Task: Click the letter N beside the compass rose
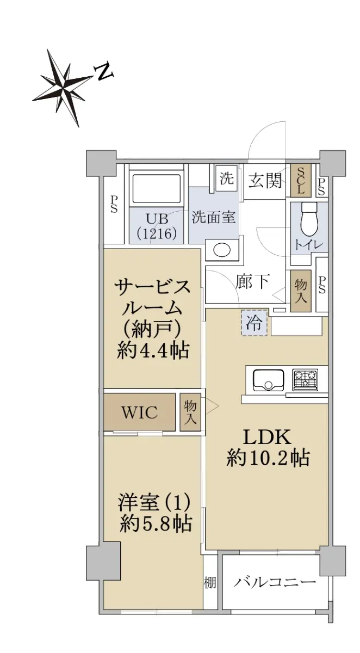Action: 103,71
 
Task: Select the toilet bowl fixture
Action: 309,219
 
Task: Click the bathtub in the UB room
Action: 156,189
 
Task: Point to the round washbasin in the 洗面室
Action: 222,250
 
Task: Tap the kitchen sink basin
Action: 268,379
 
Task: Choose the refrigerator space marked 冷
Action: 254,323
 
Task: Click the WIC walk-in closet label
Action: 140,412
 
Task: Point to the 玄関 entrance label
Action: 265,181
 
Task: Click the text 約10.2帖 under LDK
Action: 268,458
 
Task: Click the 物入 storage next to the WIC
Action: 190,412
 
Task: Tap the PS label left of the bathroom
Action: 114,204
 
